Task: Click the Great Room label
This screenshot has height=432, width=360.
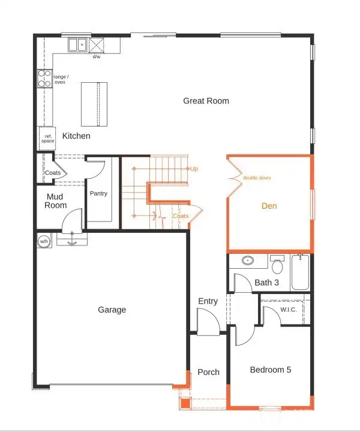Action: pos(206,101)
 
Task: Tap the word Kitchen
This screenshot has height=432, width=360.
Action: pos(76,136)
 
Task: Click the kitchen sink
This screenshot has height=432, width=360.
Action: pos(77,45)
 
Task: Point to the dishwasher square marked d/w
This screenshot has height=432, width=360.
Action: pos(96,46)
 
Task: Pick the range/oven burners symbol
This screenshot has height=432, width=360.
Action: pos(45,79)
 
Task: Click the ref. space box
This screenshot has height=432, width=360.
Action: pos(48,138)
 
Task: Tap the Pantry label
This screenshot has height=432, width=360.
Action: pos(98,194)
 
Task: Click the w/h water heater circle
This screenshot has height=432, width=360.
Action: pos(44,241)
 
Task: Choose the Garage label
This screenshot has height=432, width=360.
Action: pos(112,310)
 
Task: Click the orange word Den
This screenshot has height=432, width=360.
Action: pos(269,206)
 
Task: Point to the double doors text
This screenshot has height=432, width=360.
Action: pos(256,178)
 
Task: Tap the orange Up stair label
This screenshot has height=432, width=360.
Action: pos(194,169)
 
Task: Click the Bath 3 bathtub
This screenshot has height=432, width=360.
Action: pos(300,272)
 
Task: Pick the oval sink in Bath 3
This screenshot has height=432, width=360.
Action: pos(247,261)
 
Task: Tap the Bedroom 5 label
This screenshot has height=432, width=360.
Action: pos(270,370)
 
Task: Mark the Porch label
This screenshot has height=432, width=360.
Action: pos(208,372)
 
